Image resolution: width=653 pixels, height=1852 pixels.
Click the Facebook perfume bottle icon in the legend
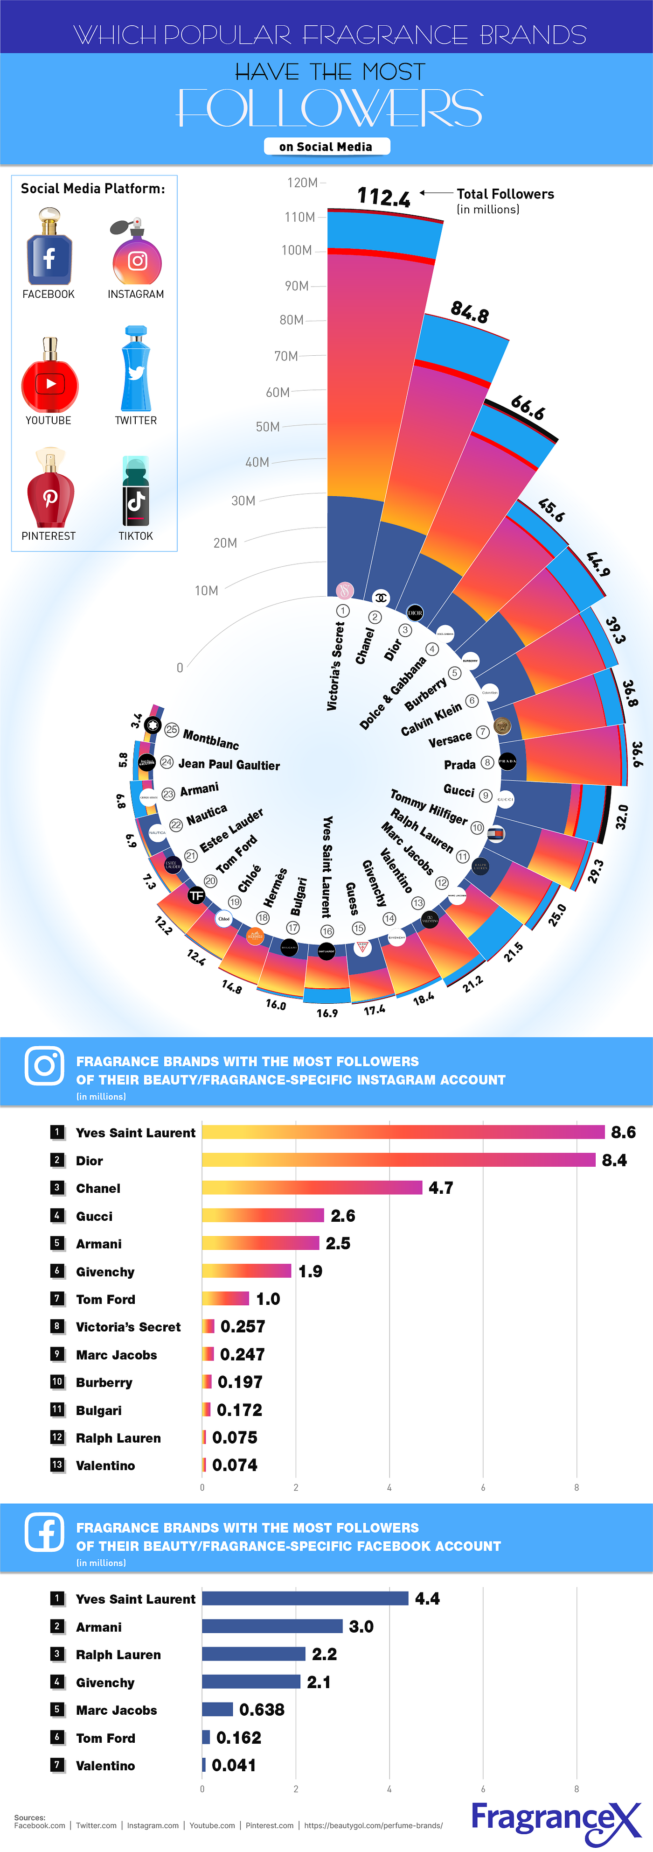49,247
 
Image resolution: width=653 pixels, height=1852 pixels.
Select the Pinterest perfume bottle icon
49,489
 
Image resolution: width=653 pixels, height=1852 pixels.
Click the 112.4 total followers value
383,196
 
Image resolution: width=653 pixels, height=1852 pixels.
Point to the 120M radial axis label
302,183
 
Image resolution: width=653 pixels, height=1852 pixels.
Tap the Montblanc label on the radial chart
210,739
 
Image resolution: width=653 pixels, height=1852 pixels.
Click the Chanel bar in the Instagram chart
312,1187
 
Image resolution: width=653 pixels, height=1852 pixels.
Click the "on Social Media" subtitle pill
326,147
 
